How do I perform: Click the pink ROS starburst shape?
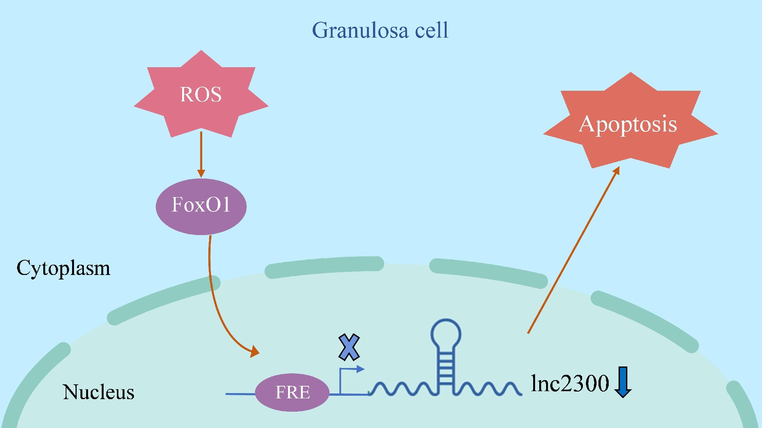pyautogui.click(x=201, y=95)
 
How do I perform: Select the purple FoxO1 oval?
pyautogui.click(x=201, y=206)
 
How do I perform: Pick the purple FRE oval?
pyautogui.click(x=292, y=392)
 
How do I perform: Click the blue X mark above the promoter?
pyautogui.click(x=349, y=347)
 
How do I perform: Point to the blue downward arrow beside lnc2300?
pyautogui.click(x=623, y=382)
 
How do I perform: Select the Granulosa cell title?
pyautogui.click(x=380, y=30)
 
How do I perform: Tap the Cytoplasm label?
pyautogui.click(x=63, y=268)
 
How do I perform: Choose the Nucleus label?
pyautogui.click(x=99, y=392)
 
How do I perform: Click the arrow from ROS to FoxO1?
pyautogui.click(x=201, y=154)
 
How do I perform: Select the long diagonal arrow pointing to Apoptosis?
pyautogui.click(x=573, y=251)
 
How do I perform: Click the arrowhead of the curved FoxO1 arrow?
pyautogui.click(x=255, y=351)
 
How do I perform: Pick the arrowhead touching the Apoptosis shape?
pyautogui.click(x=616, y=171)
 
